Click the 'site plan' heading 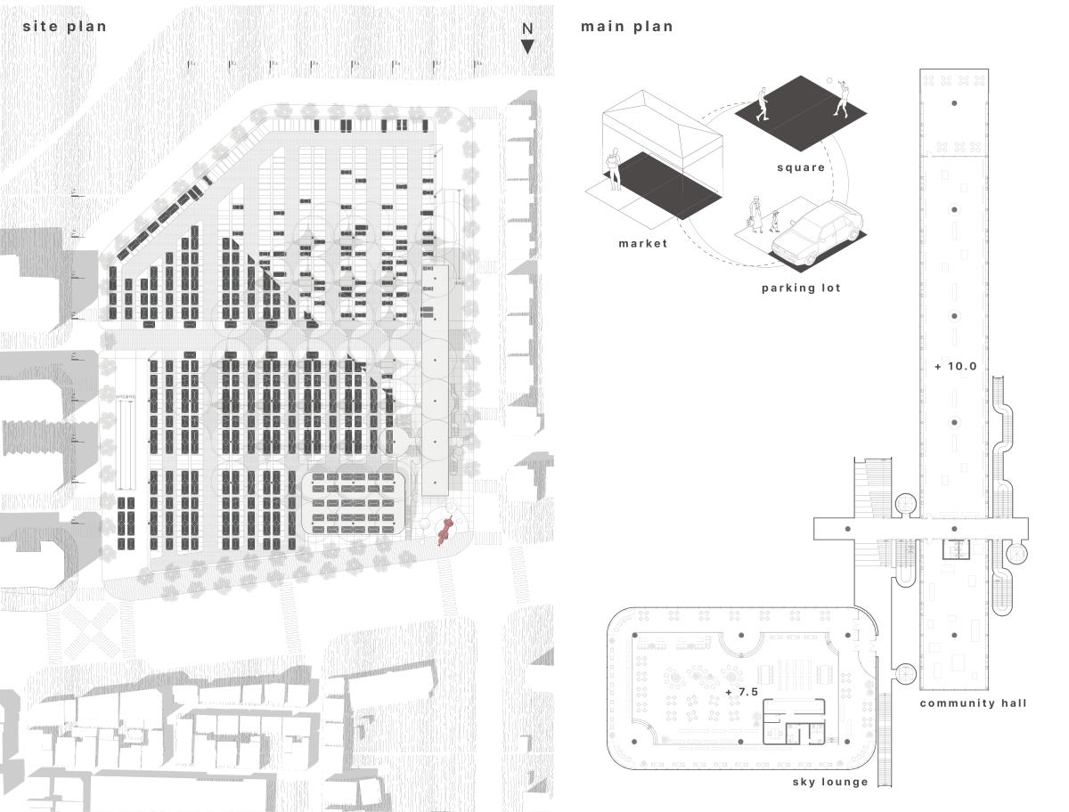tap(64, 27)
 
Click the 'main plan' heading tap(627, 27)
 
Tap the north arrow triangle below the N tap(527, 46)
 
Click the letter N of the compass tap(527, 28)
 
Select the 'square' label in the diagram tap(801, 167)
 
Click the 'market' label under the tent tap(642, 243)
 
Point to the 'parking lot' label tap(801, 288)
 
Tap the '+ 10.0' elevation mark tap(956, 366)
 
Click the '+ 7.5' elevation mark tap(741, 692)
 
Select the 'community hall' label tap(973, 703)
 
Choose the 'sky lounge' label tap(830, 782)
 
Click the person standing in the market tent tap(614, 167)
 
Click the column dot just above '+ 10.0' tap(954, 316)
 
